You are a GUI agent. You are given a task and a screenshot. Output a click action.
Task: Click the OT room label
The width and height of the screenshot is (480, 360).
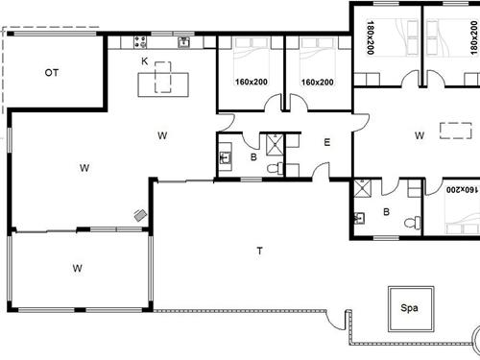52,73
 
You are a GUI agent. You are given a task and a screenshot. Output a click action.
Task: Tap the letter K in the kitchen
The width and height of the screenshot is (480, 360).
145,61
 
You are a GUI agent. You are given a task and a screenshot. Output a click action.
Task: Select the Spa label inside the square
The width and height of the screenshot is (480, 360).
409,308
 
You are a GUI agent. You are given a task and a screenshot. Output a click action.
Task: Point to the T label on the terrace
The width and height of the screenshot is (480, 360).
260,251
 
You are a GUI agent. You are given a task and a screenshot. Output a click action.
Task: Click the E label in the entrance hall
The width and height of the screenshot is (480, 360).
327,142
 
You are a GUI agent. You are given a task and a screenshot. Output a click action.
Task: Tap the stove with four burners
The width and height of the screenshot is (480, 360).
140,42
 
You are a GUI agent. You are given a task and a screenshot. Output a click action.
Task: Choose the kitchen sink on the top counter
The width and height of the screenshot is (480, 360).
184,42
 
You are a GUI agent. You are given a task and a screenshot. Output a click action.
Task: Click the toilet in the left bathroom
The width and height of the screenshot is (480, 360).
276,168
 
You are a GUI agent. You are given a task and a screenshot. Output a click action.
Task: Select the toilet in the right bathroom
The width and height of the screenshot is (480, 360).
413,223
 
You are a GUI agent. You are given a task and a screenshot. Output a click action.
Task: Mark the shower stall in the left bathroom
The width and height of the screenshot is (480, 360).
275,145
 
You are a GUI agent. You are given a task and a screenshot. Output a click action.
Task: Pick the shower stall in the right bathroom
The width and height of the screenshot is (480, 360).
363,188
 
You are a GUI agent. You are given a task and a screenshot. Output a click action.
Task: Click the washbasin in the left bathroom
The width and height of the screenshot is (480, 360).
226,156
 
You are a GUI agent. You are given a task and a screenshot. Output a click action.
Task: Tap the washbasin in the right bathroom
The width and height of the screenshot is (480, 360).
359,218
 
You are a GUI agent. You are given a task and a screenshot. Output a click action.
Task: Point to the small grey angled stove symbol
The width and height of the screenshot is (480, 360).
140,215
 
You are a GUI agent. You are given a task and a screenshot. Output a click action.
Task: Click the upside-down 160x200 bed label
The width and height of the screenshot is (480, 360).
463,189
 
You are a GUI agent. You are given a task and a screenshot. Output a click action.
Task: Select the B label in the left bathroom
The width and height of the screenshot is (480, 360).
253,157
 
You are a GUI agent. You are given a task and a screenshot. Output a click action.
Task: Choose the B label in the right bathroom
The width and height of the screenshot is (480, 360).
387,212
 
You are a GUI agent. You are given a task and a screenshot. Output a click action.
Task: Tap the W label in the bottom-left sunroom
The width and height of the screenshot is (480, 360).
77,268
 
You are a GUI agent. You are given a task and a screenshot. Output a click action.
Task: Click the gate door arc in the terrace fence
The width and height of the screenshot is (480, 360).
334,322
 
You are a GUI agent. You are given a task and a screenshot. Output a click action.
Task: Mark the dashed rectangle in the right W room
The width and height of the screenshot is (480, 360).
456,131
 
